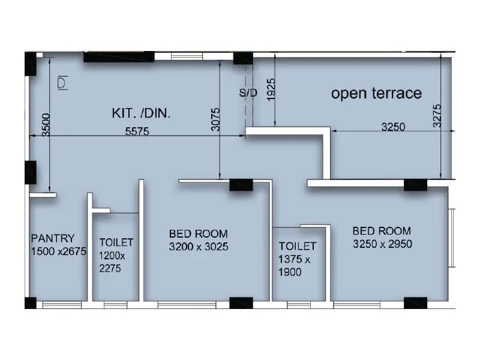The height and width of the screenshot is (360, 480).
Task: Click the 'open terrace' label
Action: coord(376,93)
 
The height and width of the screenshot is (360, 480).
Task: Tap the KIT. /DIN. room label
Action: coord(141,113)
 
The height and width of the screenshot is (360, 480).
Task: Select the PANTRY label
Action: coord(53,238)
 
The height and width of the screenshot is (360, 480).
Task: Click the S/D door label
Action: coord(248,93)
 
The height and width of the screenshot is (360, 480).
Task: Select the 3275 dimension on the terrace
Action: coord(437,116)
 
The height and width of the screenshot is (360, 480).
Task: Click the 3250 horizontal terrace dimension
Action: coord(393,127)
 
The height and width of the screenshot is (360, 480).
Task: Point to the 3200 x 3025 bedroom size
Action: coord(199,247)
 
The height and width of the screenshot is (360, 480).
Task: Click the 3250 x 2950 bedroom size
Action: coord(382,244)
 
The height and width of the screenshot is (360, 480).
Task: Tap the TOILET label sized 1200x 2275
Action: coord(116,242)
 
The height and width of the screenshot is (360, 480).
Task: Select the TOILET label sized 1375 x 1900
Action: coord(297,246)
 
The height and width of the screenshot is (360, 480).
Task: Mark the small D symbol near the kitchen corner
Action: coord(62,83)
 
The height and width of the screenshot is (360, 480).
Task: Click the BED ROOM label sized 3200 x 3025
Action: coord(198,233)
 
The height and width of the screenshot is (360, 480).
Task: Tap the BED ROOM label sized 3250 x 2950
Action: coord(382,230)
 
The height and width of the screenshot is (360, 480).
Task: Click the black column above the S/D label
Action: coord(243,58)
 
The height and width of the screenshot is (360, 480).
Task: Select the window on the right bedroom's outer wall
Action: coord(452,238)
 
